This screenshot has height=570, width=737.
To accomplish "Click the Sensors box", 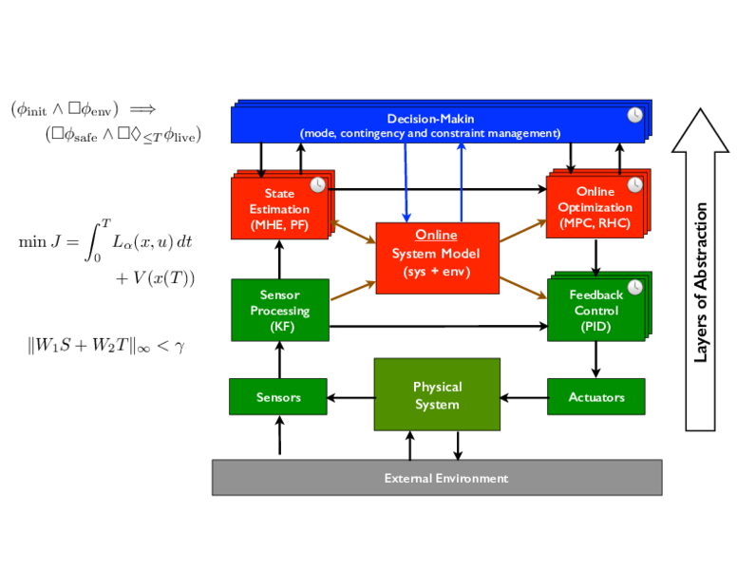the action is [x=277, y=396].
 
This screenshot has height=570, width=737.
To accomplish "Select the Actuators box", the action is [x=596, y=396].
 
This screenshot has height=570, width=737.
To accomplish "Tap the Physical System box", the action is [x=437, y=394].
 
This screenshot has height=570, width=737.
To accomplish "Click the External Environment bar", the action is [x=437, y=477].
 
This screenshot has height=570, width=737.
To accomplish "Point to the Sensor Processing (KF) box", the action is [x=280, y=310].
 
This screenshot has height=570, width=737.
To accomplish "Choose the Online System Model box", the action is [x=438, y=258].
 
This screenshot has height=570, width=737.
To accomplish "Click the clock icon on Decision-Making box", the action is [x=635, y=115].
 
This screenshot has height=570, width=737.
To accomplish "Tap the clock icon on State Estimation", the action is [x=318, y=185].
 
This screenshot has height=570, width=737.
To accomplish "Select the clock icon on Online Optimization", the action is [x=635, y=185].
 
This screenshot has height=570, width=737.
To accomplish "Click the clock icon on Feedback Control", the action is [x=635, y=287].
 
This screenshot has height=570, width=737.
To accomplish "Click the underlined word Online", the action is [x=436, y=235].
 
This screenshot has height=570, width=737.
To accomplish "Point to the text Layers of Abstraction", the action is [x=700, y=282].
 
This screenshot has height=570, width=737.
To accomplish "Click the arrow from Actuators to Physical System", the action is [x=523, y=398].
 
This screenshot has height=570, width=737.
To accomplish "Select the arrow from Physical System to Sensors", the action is [x=350, y=398].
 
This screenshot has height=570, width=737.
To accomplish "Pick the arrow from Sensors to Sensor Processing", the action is [x=279, y=360].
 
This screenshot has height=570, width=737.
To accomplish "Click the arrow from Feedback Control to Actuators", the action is [x=596, y=359].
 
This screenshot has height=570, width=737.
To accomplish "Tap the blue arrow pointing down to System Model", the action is [x=406, y=182].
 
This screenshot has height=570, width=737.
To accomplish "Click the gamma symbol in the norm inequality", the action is [x=180, y=347].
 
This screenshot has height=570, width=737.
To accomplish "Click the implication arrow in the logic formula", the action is [x=142, y=109].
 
